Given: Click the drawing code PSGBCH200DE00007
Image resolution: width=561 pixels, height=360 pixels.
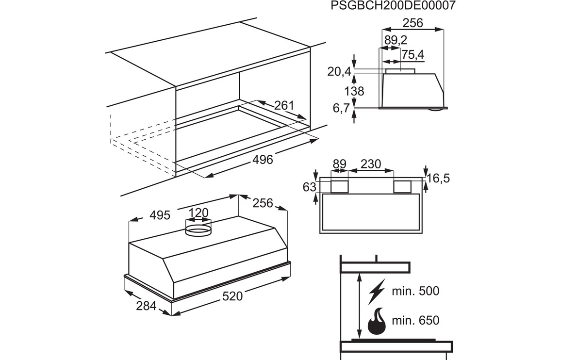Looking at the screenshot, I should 394,6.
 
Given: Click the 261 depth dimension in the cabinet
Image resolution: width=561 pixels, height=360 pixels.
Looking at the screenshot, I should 284,105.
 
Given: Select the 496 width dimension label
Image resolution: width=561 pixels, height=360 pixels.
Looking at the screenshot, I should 263,160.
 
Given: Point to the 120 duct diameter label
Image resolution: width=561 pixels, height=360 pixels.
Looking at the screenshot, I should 198,213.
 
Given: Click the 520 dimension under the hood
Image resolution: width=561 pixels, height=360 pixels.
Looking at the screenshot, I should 232,296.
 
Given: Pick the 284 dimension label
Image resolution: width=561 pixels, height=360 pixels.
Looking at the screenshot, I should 147,306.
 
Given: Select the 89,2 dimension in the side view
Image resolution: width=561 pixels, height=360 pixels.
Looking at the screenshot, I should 396,40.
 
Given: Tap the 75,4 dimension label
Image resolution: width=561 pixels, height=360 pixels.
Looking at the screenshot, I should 412,55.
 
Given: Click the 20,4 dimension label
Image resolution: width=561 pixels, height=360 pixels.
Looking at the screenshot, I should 339,72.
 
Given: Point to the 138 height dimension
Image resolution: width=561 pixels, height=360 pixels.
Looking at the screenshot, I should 354,91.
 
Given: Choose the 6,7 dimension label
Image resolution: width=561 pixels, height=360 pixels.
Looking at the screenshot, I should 341,109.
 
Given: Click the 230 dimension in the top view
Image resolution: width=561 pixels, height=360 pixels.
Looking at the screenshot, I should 371,164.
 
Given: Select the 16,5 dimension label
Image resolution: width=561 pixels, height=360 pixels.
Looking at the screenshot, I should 439,178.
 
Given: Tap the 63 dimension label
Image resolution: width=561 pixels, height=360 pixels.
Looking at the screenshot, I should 310,187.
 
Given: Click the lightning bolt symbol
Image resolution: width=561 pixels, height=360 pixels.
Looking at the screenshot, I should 376,291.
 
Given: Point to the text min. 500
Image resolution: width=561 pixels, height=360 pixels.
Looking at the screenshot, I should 416,291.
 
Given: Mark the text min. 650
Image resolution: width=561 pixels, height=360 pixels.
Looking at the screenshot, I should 416,320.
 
